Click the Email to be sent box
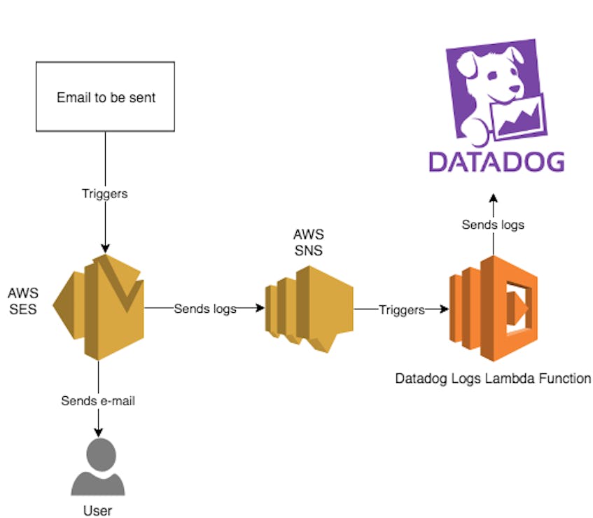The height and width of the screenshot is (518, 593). (x=105, y=97)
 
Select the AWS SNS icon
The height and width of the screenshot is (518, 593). (x=309, y=309)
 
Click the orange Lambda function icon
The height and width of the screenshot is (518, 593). (x=493, y=309)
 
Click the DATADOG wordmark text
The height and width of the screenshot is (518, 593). (x=496, y=161)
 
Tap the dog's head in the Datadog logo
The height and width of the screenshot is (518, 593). (x=490, y=73)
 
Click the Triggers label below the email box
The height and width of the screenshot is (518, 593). (x=105, y=194)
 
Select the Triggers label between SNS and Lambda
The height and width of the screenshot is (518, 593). (x=402, y=309)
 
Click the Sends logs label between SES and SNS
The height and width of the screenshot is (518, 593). (x=204, y=308)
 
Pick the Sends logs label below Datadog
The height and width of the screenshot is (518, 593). (x=493, y=225)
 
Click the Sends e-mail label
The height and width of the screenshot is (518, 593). (x=98, y=401)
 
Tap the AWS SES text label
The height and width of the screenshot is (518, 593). (x=23, y=300)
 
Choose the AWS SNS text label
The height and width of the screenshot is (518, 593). (x=309, y=242)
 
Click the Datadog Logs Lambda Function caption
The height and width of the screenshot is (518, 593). (x=493, y=379)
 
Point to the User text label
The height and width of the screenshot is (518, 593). (x=97, y=510)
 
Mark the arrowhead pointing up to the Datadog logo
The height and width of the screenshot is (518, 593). (x=493, y=199)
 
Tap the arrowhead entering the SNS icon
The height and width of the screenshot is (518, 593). (x=260, y=308)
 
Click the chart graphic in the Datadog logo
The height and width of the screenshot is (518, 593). (x=519, y=116)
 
